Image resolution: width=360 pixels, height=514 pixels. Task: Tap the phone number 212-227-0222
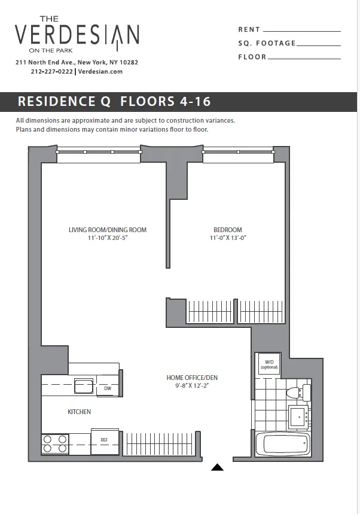click(51, 71)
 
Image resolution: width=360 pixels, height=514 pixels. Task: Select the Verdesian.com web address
click(100, 71)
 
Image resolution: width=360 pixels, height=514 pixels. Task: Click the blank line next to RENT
click(301, 31)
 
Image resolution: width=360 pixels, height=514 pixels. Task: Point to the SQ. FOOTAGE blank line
click(318, 44)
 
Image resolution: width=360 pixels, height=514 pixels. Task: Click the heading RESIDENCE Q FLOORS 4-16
click(114, 101)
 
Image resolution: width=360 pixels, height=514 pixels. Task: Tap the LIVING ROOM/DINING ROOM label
click(108, 230)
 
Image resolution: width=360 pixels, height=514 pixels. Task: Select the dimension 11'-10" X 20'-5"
click(108, 238)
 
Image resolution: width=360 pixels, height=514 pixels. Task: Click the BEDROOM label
click(228, 230)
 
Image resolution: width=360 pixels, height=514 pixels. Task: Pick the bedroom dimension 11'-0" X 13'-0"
click(228, 238)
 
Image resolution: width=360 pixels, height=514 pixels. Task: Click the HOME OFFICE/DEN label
click(191, 378)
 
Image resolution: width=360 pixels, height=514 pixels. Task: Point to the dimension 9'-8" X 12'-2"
click(191, 386)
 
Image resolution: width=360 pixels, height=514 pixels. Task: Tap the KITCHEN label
click(79, 412)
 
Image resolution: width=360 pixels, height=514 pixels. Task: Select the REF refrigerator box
click(104, 440)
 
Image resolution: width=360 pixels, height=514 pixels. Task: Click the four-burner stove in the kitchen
click(55, 443)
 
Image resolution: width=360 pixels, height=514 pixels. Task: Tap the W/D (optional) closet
click(269, 364)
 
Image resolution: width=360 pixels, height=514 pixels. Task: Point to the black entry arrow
click(218, 467)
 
